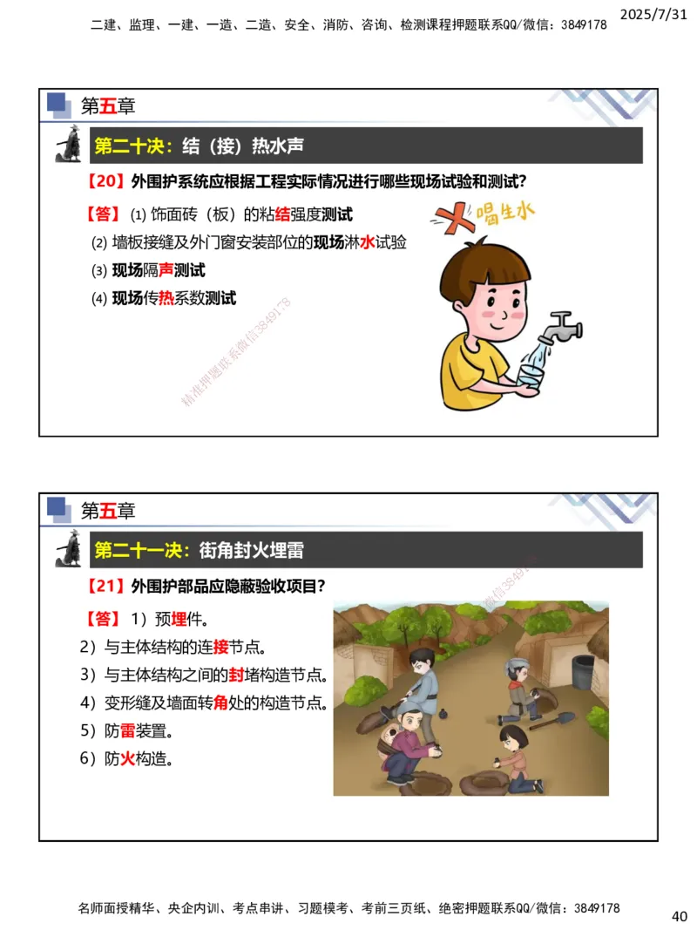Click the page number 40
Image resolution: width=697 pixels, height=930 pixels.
pyautogui.click(x=680, y=916)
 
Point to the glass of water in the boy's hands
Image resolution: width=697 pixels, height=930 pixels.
pyautogui.click(x=532, y=374)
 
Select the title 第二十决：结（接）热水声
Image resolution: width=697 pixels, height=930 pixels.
pyautogui.click(x=199, y=146)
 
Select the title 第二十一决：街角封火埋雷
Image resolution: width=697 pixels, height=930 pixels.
pyautogui.click(x=199, y=550)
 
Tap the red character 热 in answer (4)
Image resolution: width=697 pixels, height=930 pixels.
pyautogui.click(x=166, y=299)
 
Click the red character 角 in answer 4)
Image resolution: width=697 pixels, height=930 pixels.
pyautogui.click(x=220, y=703)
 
